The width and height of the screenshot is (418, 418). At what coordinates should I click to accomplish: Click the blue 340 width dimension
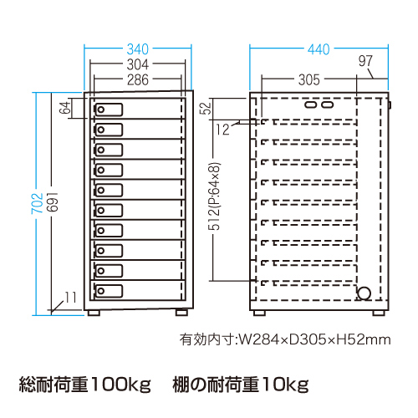(138, 49)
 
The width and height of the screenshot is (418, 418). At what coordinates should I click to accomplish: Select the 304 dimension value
(138, 64)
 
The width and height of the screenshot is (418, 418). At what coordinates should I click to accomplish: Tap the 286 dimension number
(138, 80)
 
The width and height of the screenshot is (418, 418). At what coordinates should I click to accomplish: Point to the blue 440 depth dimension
(319, 49)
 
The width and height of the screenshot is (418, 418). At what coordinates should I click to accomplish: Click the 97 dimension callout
(365, 61)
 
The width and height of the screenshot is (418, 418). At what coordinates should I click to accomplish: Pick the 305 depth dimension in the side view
(309, 80)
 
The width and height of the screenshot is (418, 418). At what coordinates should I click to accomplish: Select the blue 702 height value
(37, 203)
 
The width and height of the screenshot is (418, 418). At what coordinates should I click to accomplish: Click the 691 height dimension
(52, 201)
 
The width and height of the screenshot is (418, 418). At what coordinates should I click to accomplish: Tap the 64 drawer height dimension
(65, 108)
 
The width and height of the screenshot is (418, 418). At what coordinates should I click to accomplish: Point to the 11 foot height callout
(70, 298)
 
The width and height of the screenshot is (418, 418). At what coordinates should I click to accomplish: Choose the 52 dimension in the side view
(206, 109)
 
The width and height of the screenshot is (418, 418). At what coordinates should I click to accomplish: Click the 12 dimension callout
(223, 130)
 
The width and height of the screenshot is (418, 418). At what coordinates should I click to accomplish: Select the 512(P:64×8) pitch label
(214, 196)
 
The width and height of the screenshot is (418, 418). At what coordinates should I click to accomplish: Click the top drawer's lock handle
(109, 110)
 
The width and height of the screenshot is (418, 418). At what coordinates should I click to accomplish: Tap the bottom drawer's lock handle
(109, 291)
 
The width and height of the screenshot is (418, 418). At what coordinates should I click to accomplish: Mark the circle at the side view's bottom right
(364, 293)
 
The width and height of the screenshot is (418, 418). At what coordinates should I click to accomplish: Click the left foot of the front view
(94, 313)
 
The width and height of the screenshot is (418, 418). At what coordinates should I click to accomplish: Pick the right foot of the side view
(379, 313)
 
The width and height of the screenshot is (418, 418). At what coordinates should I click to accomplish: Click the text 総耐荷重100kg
(85, 385)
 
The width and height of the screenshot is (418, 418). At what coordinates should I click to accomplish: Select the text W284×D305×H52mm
(315, 339)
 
